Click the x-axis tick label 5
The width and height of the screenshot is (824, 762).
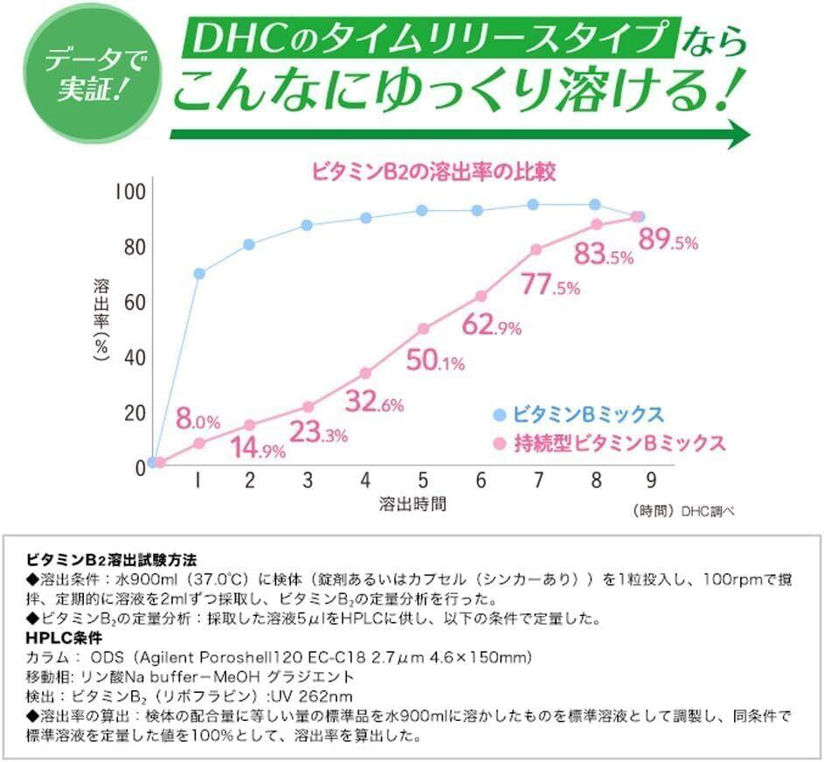click(423, 480)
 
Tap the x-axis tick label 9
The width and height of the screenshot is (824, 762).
click(650, 480)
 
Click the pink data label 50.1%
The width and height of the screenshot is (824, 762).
click(434, 360)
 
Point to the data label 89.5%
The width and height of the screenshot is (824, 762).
click(668, 241)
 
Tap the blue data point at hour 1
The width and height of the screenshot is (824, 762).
click(199, 274)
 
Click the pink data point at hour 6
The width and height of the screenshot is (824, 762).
click(481, 297)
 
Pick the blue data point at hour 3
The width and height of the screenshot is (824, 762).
click(308, 226)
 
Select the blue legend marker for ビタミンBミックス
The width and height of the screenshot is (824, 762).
click(499, 414)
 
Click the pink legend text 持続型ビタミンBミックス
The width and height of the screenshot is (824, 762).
click(620, 443)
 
